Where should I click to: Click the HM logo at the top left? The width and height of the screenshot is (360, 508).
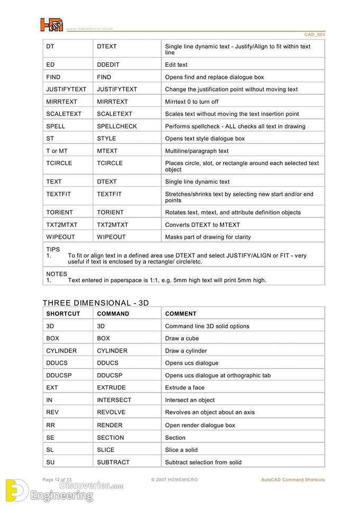52,25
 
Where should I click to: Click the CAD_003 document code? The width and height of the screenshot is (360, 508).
314,34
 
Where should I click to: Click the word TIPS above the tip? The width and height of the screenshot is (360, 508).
53,249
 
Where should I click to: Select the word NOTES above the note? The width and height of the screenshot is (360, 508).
57,274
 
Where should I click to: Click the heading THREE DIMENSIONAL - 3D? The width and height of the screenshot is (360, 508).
96,303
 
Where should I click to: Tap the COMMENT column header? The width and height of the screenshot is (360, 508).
181,314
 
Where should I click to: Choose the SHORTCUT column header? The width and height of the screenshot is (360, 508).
63,314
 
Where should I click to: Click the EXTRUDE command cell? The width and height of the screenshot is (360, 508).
111,388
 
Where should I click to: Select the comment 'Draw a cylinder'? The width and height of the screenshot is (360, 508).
186,351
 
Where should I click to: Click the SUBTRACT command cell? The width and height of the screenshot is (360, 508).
113,462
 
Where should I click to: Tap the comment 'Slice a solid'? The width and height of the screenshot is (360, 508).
181,450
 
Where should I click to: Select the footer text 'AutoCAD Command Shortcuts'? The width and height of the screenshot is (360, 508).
293,480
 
